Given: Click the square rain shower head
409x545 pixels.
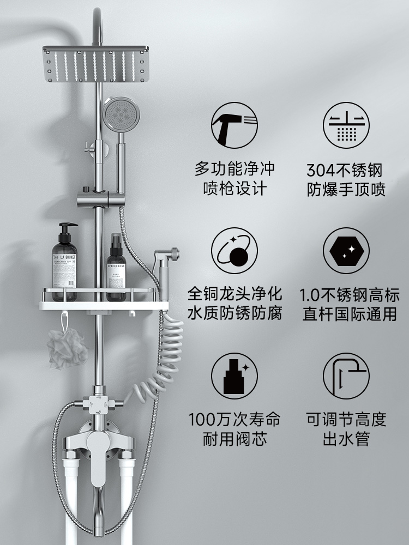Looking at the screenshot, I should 95,63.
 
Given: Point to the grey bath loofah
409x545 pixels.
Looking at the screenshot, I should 67,348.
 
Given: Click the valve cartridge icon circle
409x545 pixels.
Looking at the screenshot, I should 234,376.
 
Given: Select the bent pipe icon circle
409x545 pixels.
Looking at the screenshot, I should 346,376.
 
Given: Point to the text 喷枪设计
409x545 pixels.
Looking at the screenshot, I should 235,189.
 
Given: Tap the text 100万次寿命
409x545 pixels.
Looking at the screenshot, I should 235,419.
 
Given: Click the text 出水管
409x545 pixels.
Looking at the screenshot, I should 346,439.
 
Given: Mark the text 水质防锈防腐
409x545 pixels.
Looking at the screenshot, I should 235,314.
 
